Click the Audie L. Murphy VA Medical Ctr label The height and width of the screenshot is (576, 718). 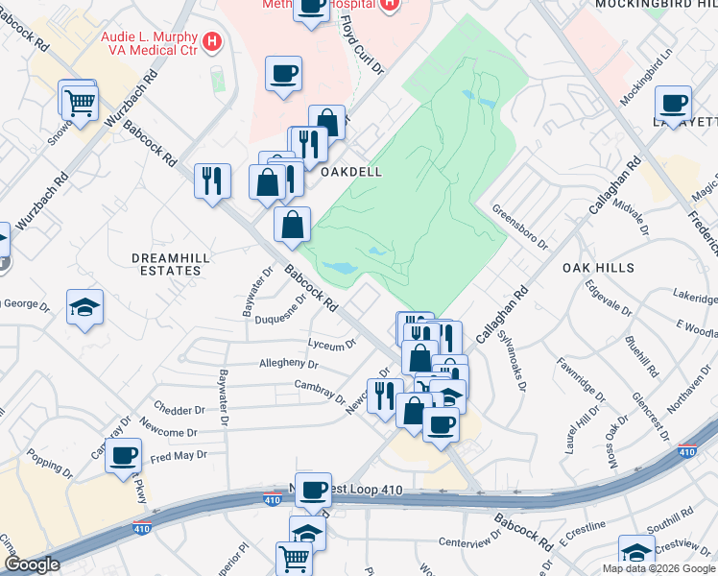[x=152, y=42]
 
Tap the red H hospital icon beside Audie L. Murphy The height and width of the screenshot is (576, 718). [x=213, y=42]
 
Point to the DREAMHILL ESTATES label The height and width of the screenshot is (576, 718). [x=167, y=264]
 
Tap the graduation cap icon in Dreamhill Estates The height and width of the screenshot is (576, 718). [x=84, y=307]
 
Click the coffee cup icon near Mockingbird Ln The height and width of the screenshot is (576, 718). [x=673, y=102]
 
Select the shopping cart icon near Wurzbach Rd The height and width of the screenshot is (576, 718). [x=80, y=100]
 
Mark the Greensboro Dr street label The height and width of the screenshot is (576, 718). [x=518, y=226]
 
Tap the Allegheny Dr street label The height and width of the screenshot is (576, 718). [x=288, y=364]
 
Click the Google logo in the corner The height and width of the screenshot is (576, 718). [x=32, y=564]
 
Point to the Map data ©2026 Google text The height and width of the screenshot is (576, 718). [x=659, y=568]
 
